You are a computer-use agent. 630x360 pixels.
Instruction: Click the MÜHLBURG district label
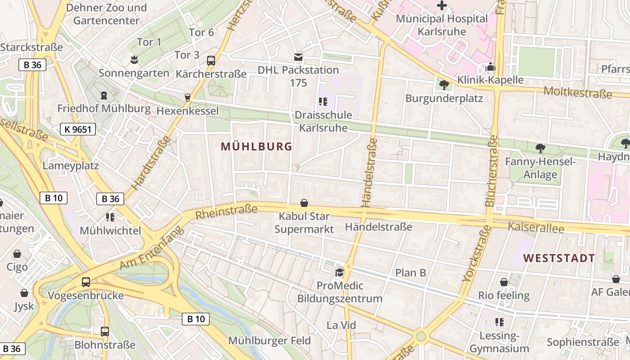click(256, 146)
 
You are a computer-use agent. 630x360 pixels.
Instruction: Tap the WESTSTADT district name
click(559, 258)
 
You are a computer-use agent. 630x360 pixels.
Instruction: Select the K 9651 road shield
click(78, 130)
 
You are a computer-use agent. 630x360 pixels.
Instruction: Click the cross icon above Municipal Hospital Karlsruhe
click(442, 6)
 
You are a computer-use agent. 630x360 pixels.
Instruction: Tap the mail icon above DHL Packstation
click(298, 57)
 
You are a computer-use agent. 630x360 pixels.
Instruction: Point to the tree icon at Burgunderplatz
click(444, 85)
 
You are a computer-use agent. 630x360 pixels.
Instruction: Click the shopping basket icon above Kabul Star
click(304, 203)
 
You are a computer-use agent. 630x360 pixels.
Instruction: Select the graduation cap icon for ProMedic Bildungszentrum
click(339, 272)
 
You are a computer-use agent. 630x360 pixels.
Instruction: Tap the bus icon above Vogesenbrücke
click(85, 282)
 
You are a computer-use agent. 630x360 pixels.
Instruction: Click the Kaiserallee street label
click(535, 228)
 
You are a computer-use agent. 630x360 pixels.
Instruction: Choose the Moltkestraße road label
click(578, 92)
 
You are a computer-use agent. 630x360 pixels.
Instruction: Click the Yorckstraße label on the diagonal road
click(477, 254)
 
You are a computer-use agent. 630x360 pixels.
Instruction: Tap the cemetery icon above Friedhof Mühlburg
click(104, 95)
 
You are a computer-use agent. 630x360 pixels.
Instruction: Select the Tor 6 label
click(201, 32)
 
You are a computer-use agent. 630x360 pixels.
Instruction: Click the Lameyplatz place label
click(71, 165)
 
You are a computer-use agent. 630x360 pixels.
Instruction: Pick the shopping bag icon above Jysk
click(24, 293)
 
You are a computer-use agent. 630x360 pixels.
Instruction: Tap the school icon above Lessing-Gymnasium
click(499, 322)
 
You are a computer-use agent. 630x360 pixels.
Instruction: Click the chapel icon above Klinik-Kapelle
click(490, 67)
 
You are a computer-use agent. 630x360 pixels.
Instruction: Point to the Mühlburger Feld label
click(269, 340)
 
